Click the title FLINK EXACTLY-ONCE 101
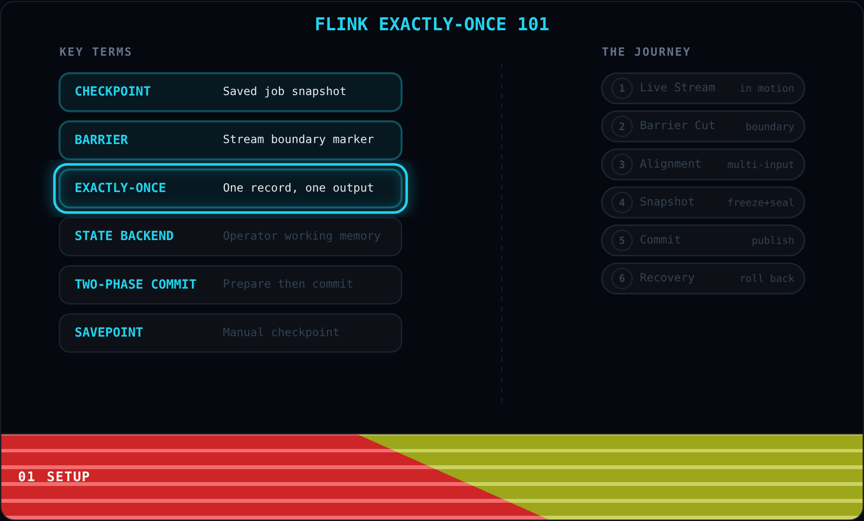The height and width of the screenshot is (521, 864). (x=432, y=24)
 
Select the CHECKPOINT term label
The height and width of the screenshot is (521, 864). (x=113, y=91)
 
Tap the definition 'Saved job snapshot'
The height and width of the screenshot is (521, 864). (x=285, y=91)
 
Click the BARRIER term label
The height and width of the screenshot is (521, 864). (x=101, y=140)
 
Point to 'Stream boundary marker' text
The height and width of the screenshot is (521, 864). (x=298, y=139)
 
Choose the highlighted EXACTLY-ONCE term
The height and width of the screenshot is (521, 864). (x=120, y=188)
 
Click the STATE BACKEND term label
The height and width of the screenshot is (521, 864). (x=124, y=236)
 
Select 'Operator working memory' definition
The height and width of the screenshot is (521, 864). (x=301, y=236)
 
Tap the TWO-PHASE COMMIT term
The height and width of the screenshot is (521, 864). (x=136, y=284)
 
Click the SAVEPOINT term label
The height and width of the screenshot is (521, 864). (x=109, y=332)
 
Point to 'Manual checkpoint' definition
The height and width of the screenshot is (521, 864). (x=281, y=332)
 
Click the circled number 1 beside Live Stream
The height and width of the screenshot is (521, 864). (x=622, y=88)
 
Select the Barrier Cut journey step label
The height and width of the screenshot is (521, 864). (x=677, y=125)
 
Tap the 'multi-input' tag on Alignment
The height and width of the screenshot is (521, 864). (x=760, y=165)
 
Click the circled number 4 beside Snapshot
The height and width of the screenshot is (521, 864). (x=622, y=202)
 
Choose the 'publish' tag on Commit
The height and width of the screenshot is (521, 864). (x=773, y=241)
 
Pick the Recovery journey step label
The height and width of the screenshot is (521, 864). (x=667, y=278)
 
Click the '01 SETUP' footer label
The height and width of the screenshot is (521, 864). (x=54, y=476)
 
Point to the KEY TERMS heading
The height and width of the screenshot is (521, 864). (x=96, y=52)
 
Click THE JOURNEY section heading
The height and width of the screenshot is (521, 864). (x=646, y=52)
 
